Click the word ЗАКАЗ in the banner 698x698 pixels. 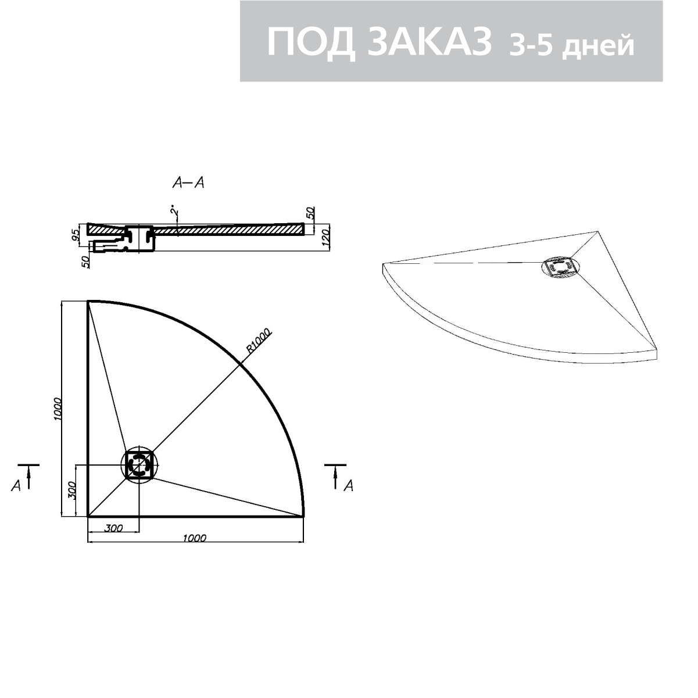coord(429,42)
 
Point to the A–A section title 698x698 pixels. coord(188,183)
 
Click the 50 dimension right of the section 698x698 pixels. coord(310,212)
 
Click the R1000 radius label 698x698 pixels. coord(259,342)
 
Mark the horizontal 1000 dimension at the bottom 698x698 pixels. coord(195,538)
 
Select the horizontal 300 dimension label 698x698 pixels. coord(114,528)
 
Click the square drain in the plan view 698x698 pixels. coord(139,464)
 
